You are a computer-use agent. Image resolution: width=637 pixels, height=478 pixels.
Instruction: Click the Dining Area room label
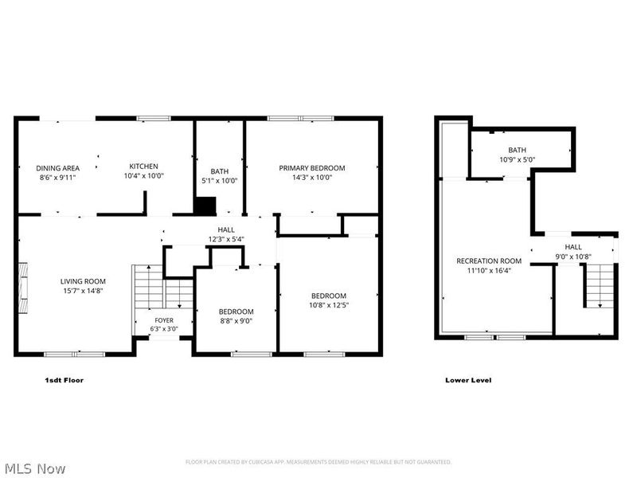[x=57, y=168]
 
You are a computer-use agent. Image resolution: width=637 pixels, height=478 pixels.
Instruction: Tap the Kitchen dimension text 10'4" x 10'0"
[x=144, y=175]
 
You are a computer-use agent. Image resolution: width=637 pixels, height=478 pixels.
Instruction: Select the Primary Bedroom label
[x=312, y=168]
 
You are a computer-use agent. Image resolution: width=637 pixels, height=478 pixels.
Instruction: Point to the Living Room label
[x=83, y=281]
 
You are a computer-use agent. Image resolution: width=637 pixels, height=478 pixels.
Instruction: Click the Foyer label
[x=164, y=320]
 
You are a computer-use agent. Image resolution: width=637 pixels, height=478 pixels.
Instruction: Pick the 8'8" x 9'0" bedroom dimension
[x=236, y=321]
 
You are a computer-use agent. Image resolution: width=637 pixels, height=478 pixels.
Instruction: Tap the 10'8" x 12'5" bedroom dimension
[x=329, y=305]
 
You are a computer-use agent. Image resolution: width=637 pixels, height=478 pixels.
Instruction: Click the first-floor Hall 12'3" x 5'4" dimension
[x=226, y=239]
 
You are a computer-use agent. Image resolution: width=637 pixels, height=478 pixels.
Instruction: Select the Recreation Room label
[x=489, y=261]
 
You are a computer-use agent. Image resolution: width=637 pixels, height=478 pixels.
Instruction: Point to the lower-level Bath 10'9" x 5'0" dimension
[x=517, y=160]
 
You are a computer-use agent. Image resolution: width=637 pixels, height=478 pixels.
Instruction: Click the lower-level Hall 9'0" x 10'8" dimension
[x=573, y=257]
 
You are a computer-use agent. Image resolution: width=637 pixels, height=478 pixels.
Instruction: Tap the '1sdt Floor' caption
[x=64, y=380]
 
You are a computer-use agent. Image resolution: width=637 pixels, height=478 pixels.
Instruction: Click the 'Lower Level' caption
[x=468, y=380]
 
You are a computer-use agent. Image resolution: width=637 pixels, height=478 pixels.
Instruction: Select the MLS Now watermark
[x=33, y=468]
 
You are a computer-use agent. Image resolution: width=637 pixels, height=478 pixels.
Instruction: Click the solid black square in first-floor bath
[x=205, y=206]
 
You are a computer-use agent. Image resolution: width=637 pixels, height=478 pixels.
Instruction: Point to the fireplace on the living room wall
[x=23, y=288]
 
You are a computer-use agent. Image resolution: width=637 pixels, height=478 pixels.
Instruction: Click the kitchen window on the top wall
[x=154, y=118]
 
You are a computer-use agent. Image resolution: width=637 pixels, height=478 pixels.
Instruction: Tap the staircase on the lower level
[x=599, y=285]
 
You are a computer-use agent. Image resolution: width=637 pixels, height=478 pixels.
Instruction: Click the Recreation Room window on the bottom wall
[x=494, y=337]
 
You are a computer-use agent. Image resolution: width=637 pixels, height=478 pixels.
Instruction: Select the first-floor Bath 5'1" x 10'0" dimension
[x=220, y=181]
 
